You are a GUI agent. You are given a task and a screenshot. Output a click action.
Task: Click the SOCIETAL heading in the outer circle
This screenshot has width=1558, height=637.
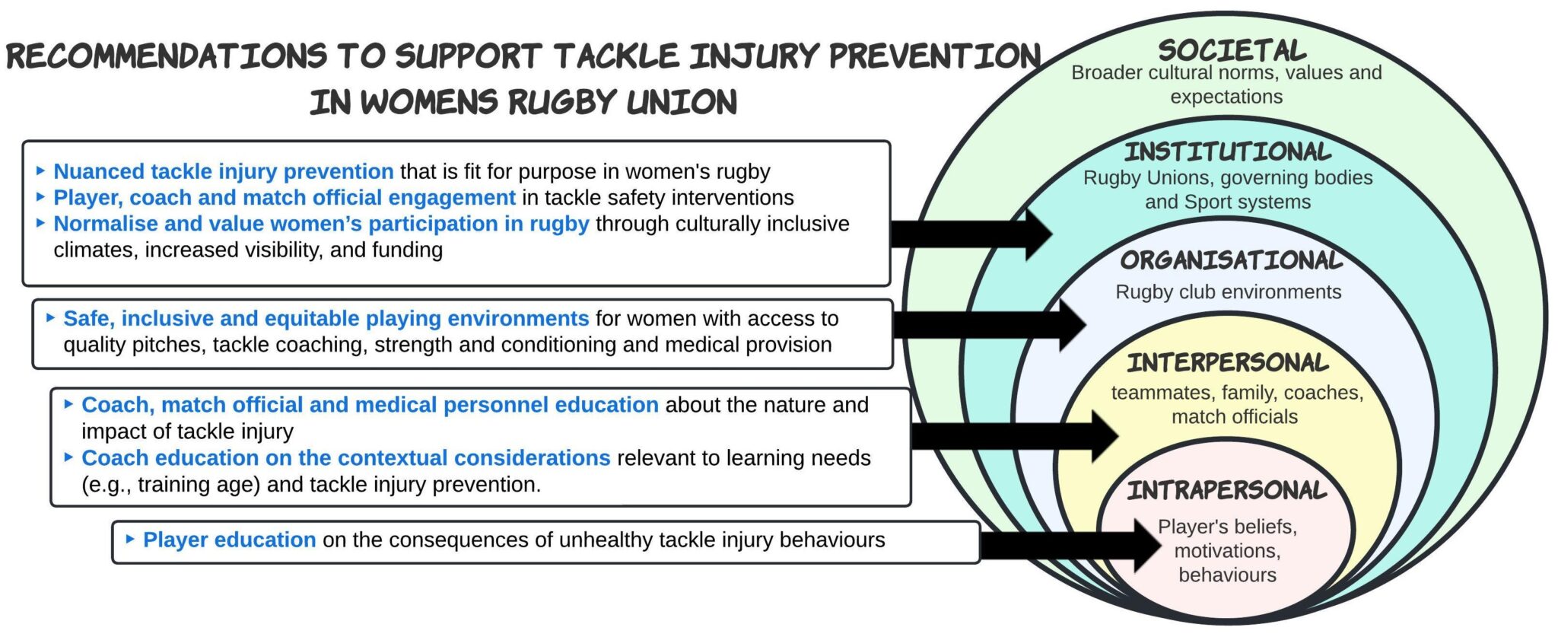pyautogui.click(x=1232, y=51)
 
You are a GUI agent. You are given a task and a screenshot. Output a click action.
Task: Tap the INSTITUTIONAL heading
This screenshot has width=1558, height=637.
pyautogui.click(x=1228, y=151)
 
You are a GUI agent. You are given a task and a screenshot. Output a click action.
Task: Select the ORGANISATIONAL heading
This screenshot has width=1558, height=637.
pyautogui.click(x=1231, y=260)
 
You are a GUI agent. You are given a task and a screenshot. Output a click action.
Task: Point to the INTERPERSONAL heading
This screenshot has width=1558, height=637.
pyautogui.click(x=1228, y=362)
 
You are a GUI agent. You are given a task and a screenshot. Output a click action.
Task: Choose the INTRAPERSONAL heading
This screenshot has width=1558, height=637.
pyautogui.click(x=1226, y=490)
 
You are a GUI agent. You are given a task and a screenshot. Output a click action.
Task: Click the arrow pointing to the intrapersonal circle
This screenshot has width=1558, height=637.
pyautogui.click(x=1069, y=545)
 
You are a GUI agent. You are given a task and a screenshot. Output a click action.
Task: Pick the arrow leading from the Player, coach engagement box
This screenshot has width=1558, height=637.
pyautogui.click(x=970, y=234)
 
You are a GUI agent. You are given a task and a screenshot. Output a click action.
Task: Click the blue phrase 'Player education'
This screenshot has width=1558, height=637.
pyautogui.click(x=229, y=540)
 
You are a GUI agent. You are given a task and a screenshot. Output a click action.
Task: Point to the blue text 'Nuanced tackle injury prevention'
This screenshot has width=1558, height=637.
pyautogui.click(x=223, y=172)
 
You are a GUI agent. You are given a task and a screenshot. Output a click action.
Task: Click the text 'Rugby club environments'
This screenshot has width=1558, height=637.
pyautogui.click(x=1228, y=292)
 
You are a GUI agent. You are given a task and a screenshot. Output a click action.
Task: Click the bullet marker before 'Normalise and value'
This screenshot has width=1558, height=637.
pyautogui.click(x=41, y=224)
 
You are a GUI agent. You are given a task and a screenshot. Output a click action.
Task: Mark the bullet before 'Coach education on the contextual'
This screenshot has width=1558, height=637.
pyautogui.click(x=69, y=457)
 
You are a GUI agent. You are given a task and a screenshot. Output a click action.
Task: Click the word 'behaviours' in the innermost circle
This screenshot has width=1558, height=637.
pyautogui.click(x=1227, y=575)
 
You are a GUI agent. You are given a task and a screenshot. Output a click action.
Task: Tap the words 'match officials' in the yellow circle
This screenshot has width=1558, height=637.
pyautogui.click(x=1234, y=417)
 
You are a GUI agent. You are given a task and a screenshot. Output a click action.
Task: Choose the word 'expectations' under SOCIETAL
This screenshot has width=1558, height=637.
pyautogui.click(x=1226, y=97)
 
